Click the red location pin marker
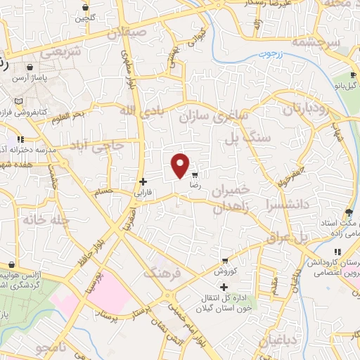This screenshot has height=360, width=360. pos(181,165)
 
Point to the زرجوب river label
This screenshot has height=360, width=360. pos(267,54)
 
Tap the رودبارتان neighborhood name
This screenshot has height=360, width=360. pos(306,109)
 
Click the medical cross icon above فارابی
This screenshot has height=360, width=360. pos(143,181)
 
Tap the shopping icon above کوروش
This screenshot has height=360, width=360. pos(224,260)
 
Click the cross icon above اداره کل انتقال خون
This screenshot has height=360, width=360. pos(224,287)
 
